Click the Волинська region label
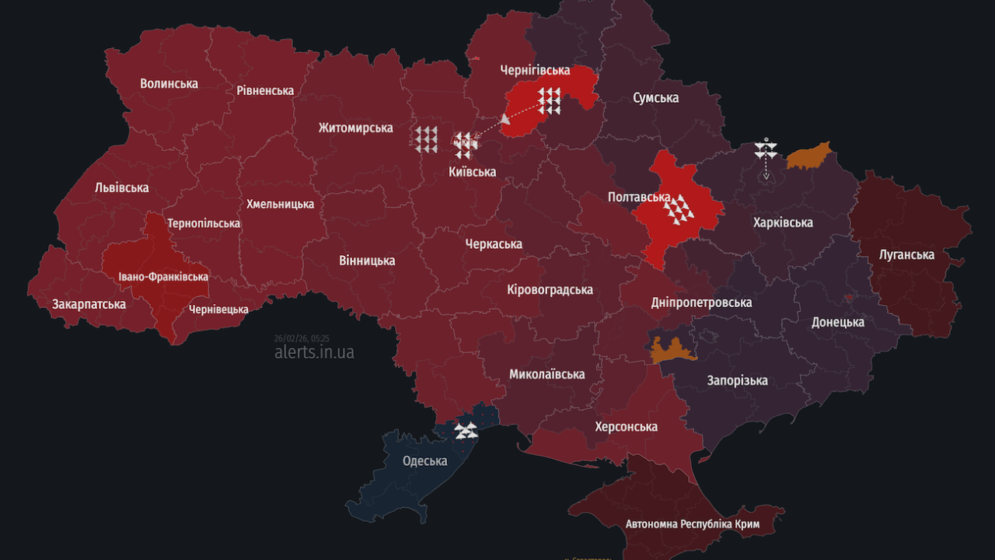pyautogui.click(x=169, y=83)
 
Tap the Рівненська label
pyautogui.click(x=265, y=90)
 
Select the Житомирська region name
pyautogui.click(x=355, y=128)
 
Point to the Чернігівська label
pyautogui.click(x=535, y=70)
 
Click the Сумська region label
pyautogui.click(x=655, y=97)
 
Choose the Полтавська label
pyautogui.click(x=639, y=198)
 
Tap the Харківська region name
pyautogui.click(x=783, y=222)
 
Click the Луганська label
pyautogui.click(x=906, y=254)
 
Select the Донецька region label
pyautogui.click(x=838, y=322)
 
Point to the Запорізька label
pyautogui.click(x=737, y=380)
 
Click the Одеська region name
pyautogui.click(x=424, y=460)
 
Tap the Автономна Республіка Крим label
pyautogui.click(x=693, y=524)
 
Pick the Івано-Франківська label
pyautogui.click(x=163, y=277)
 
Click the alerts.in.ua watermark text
pyautogui.click(x=314, y=352)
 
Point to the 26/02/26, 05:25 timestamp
pyautogui.click(x=302, y=338)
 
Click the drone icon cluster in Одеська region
pyautogui.click(x=466, y=429)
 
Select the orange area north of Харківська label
pyautogui.click(x=809, y=156)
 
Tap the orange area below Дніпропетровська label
pyautogui.click(x=672, y=351)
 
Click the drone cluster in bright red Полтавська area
pyautogui.click(x=679, y=208)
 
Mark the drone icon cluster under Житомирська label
pyautogui.click(x=426, y=138)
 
